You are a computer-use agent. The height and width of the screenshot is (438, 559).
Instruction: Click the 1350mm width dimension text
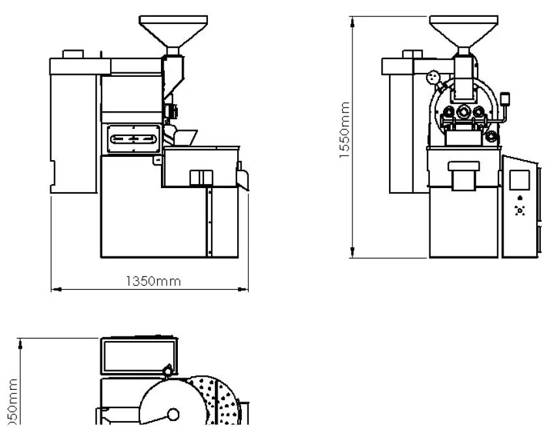pyautogui.click(x=153, y=281)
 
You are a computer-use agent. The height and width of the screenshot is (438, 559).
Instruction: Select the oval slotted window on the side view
pyautogui.click(x=134, y=139)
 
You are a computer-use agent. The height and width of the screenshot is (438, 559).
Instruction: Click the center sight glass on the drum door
pyautogui.click(x=463, y=111)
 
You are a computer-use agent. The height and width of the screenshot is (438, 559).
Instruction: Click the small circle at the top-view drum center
pyautogui.click(x=173, y=413)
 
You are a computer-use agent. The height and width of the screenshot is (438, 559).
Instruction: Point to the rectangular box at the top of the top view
pyautogui.click(x=138, y=355)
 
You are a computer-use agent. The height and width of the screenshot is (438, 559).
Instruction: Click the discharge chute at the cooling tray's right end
pyautogui.click(x=244, y=178)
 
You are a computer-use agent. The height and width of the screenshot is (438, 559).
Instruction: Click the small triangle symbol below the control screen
pyautogui.click(x=519, y=198)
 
